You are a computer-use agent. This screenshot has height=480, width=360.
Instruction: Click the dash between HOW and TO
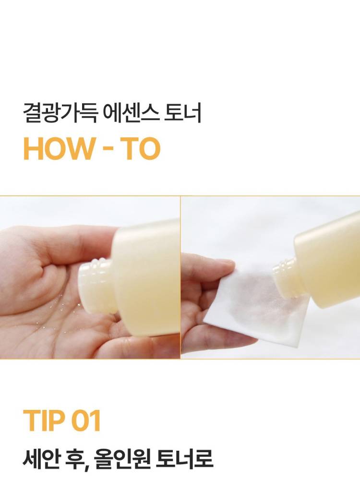(109, 150)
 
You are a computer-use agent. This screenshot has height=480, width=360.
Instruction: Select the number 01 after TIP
(86, 420)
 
